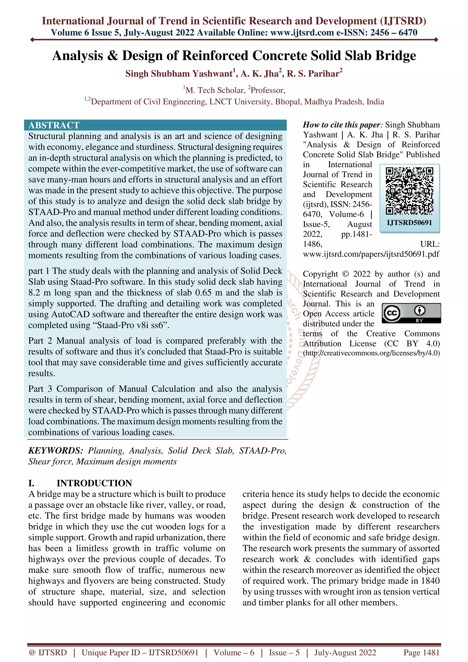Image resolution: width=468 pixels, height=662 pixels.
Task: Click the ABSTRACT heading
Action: [54, 125]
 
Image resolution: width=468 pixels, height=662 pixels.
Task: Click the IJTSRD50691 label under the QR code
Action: [409, 222]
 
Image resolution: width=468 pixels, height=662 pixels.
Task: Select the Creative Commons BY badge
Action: [411, 313]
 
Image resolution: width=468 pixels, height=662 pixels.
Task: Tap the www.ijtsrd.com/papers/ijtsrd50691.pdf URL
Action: [371, 254]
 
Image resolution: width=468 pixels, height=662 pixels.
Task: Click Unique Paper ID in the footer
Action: [140, 652]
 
